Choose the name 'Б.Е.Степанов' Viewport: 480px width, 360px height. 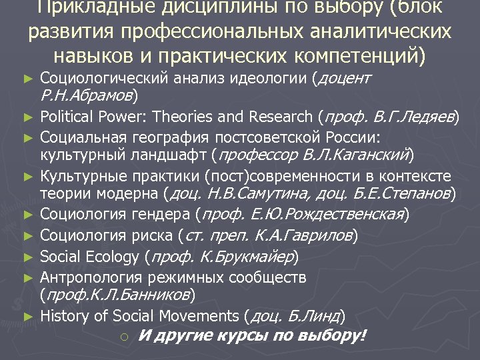pyautogui.click(x=407, y=195)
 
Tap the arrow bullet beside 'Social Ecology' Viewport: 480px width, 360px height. pyautogui.click(x=27, y=257)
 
